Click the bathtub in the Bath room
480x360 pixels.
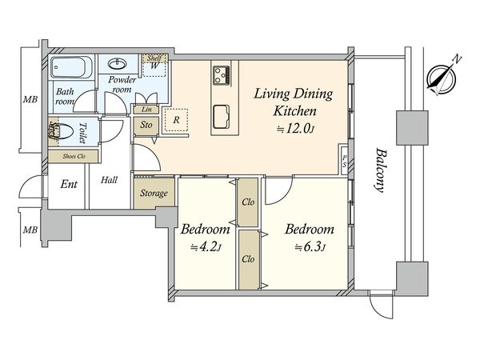pyautogui.click(x=71, y=67)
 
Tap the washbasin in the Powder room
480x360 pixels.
pyautogui.click(x=118, y=64)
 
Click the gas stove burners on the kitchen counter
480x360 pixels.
pyautogui.click(x=222, y=74)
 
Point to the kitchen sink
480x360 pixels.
pyautogui.click(x=221, y=117)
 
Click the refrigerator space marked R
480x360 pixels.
pyautogui.click(x=176, y=120)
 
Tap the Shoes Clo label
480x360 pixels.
pyautogui.click(x=74, y=157)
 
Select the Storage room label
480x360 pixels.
pyautogui.click(x=154, y=193)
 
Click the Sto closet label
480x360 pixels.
pyautogui.click(x=146, y=125)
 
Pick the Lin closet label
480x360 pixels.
pyautogui.click(x=146, y=110)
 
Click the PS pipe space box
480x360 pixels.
pyautogui.click(x=344, y=161)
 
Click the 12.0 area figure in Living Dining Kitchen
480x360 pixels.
pyautogui.click(x=296, y=129)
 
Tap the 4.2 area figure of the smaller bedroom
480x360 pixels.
pyautogui.click(x=206, y=246)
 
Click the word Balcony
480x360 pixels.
pyautogui.click(x=380, y=170)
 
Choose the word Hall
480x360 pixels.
pyautogui.click(x=110, y=180)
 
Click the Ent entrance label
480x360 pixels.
pyautogui.click(x=69, y=184)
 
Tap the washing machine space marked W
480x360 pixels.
pyautogui.click(x=154, y=66)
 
